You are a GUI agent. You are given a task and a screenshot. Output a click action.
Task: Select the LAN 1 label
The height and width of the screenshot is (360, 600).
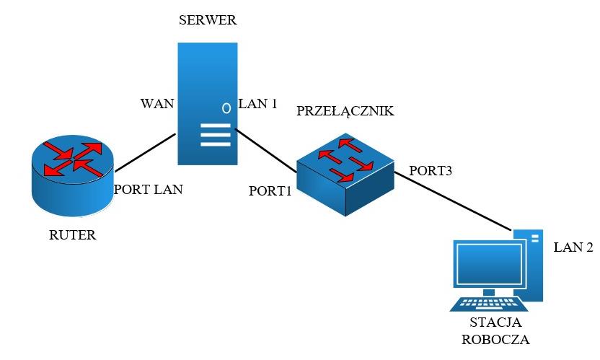point(257,104)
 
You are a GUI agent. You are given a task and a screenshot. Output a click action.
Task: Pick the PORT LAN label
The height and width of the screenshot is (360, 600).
point(149,190)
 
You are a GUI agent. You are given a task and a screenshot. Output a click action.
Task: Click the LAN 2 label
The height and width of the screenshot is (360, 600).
point(573,247)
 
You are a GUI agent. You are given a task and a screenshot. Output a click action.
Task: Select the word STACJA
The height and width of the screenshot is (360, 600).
point(495,322)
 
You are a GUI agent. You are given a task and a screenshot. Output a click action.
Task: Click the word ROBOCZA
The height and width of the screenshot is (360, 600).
point(495,338)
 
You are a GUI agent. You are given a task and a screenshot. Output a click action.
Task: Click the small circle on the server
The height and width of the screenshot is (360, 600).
point(226,108)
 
